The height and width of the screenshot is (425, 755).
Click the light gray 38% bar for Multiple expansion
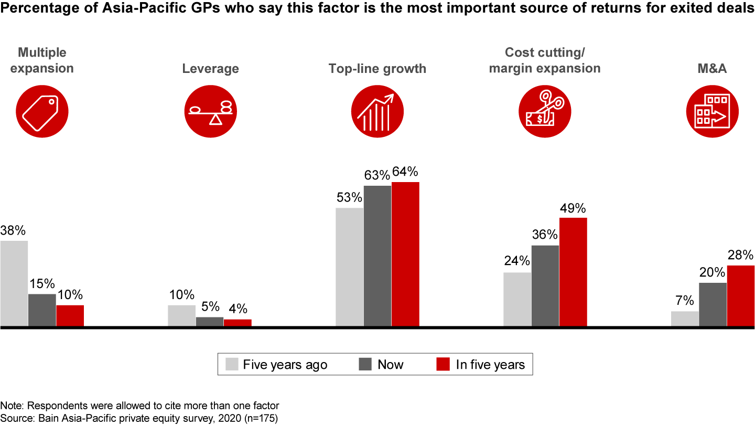click(x=14, y=283)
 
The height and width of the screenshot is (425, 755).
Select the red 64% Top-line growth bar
click(x=405, y=254)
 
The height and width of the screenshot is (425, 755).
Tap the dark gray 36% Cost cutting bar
click(x=545, y=286)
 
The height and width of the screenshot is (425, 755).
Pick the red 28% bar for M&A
click(x=740, y=296)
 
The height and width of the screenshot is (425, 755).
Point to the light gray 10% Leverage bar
click(x=181, y=316)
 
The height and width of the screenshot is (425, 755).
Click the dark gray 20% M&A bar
click(x=713, y=304)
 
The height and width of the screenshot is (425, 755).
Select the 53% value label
click(x=349, y=198)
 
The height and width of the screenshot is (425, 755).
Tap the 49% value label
click(x=573, y=208)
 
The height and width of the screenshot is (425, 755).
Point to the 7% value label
click(x=685, y=301)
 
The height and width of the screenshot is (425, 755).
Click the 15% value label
click(x=42, y=284)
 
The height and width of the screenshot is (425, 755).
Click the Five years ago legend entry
click(x=276, y=365)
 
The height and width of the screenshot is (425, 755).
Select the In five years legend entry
click(x=482, y=365)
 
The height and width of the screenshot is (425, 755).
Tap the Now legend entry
click(x=381, y=365)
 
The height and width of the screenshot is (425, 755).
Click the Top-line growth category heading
click(x=377, y=69)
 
